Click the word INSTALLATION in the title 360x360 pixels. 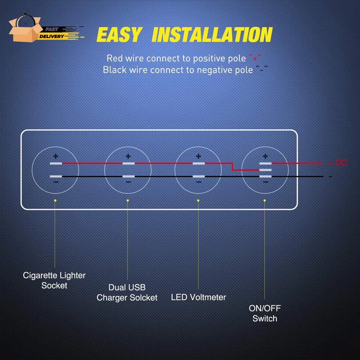[212, 35]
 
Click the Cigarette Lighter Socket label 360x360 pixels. [54, 280]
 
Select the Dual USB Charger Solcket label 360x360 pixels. [127, 293]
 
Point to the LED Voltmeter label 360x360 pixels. [198, 297]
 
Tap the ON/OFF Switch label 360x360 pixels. [265, 313]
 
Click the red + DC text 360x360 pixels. [337, 163]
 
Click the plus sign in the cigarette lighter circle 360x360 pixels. [55, 157]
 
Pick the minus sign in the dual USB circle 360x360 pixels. [128, 183]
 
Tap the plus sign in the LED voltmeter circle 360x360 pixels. [198, 157]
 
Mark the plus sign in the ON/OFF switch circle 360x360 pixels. [265, 157]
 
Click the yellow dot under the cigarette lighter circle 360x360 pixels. [55, 200]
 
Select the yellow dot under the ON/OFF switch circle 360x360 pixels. [265, 200]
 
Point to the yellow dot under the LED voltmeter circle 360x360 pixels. [198, 200]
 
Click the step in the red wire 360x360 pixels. [233, 167]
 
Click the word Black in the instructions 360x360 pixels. [115, 69]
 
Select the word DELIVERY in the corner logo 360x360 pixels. [51, 36]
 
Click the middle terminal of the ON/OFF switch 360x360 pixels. [265, 170]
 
